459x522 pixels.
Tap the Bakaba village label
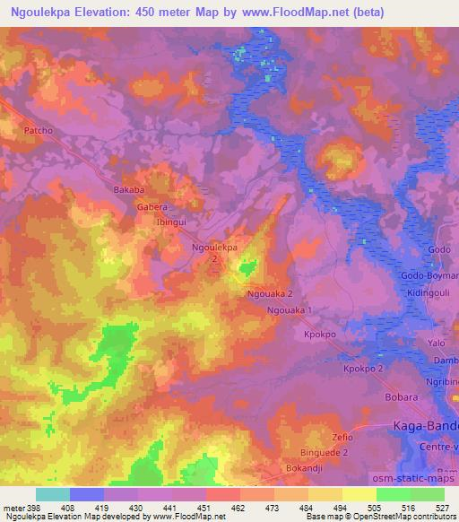coord(128,190)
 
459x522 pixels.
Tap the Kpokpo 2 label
coord(364,369)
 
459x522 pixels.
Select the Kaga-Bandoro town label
coord(427,425)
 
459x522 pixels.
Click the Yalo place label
coord(437,343)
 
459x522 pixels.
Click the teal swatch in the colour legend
coord(53,493)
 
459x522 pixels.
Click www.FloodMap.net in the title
coord(292,13)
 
